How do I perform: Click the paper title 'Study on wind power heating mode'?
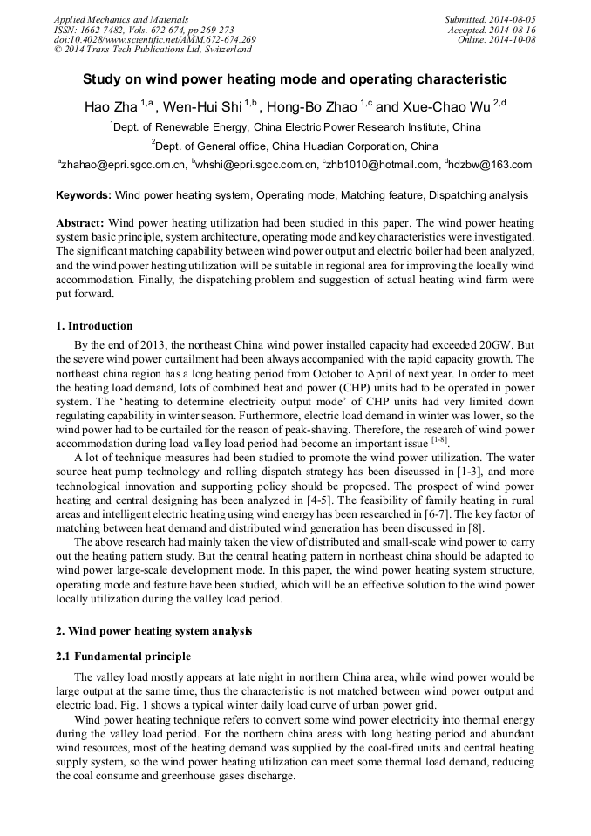[x=295, y=78]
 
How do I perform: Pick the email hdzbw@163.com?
[x=491, y=165]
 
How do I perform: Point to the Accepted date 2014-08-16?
[x=508, y=30]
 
